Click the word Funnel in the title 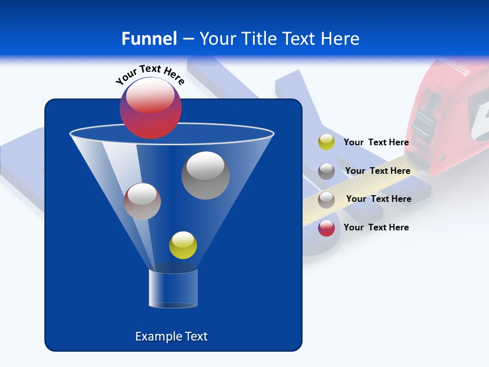pos(149,38)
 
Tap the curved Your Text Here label pos(150,74)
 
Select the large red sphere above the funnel pos(150,108)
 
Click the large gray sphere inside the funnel pos(205,175)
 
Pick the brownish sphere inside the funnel pos(142,201)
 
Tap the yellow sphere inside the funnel pos(183,245)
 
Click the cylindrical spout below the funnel pos(173,289)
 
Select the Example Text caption pos(172,336)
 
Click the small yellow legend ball pos(326,142)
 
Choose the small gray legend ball pos(326,171)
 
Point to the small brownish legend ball pos(326,199)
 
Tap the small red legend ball pos(326,228)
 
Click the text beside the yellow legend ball pos(376,142)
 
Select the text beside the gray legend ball pos(377,171)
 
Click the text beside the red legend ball pos(376,227)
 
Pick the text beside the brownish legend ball pos(378,199)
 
